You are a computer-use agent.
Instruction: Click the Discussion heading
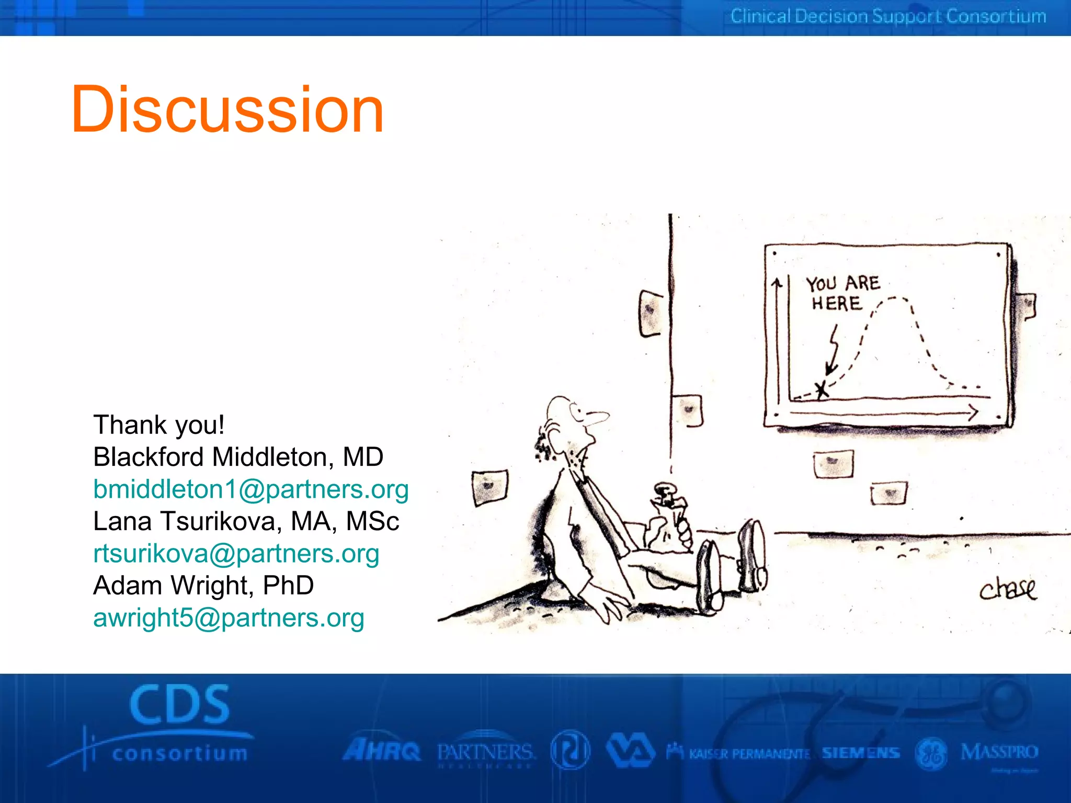tap(227, 110)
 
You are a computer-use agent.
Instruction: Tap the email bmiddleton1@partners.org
tap(250, 490)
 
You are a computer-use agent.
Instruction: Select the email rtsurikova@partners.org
tap(236, 554)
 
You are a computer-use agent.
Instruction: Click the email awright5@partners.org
tap(229, 618)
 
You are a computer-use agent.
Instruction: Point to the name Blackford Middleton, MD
tap(238, 457)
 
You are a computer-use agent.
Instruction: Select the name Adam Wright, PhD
tap(203, 586)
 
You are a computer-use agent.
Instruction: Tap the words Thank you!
tap(159, 425)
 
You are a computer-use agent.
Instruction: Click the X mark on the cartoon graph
tap(823, 389)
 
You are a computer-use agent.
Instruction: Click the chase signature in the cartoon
tap(1007, 589)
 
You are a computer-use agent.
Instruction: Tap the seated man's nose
tap(598, 417)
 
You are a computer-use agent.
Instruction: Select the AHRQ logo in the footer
tap(381, 751)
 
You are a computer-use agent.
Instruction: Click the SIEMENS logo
tap(860, 753)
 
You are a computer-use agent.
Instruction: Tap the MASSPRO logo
tap(999, 753)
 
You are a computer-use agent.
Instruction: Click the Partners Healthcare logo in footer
tap(485, 753)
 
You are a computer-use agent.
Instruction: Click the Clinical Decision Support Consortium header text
tap(888, 17)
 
